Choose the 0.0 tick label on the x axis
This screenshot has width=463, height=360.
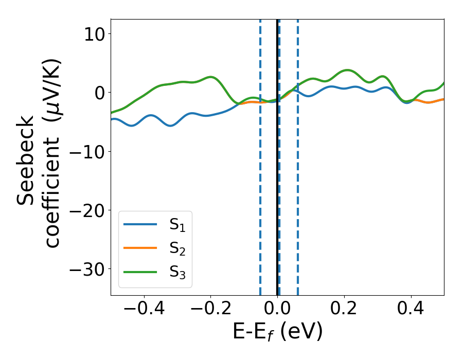click(277, 310)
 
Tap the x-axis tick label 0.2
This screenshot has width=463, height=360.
click(344, 310)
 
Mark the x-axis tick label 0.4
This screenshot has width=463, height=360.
click(411, 310)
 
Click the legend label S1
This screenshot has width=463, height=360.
click(177, 225)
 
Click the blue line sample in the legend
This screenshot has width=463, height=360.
click(139, 224)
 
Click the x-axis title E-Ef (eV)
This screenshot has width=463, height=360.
click(277, 332)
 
